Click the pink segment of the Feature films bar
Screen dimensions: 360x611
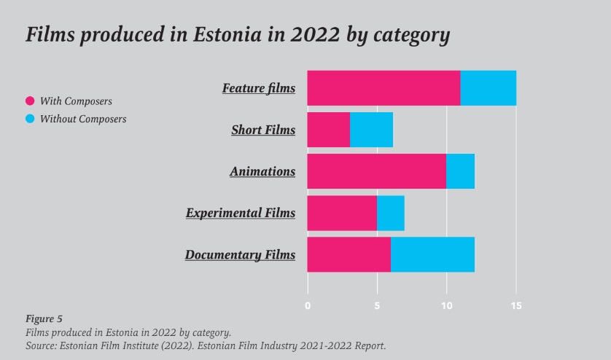click(384, 88)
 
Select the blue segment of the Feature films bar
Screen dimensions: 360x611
click(489, 88)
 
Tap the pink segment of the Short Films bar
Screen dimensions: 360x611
click(329, 130)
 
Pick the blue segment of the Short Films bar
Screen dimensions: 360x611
click(371, 130)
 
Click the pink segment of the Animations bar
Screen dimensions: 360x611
click(376, 171)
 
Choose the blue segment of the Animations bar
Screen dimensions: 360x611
click(460, 171)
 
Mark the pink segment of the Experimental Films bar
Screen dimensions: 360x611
click(342, 213)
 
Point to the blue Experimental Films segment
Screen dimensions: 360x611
click(390, 213)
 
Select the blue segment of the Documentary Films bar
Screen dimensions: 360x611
click(432, 254)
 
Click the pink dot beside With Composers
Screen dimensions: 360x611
click(30, 101)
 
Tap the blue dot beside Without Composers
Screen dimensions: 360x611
click(30, 119)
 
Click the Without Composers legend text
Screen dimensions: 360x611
click(83, 119)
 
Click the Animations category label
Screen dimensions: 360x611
click(262, 172)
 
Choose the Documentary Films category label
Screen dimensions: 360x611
click(240, 255)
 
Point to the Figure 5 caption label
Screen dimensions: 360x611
click(44, 318)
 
